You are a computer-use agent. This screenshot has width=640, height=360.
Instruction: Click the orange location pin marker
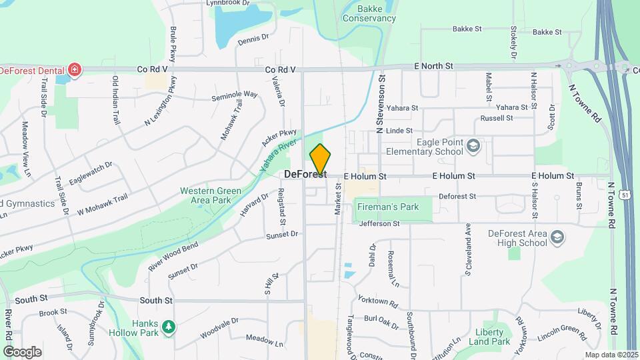point(320,160)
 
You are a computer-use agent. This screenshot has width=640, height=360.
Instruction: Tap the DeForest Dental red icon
point(75,70)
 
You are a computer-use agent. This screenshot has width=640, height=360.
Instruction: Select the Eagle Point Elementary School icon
point(473,146)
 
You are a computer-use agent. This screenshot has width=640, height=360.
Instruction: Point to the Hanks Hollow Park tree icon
point(169,326)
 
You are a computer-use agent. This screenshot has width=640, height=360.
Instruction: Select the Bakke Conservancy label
point(369,13)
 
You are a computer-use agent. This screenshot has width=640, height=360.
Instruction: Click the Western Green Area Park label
point(210,196)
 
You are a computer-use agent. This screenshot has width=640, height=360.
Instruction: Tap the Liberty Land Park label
point(493,337)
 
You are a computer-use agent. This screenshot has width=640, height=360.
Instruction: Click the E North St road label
point(433,66)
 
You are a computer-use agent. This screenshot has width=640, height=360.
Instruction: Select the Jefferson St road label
point(379,224)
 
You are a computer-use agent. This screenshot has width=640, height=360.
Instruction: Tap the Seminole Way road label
point(234,95)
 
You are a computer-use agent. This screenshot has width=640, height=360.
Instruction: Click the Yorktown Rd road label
point(377,301)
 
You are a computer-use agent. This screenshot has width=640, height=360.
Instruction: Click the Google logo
point(22,352)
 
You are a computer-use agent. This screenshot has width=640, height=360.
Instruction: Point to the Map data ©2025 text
point(610,355)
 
